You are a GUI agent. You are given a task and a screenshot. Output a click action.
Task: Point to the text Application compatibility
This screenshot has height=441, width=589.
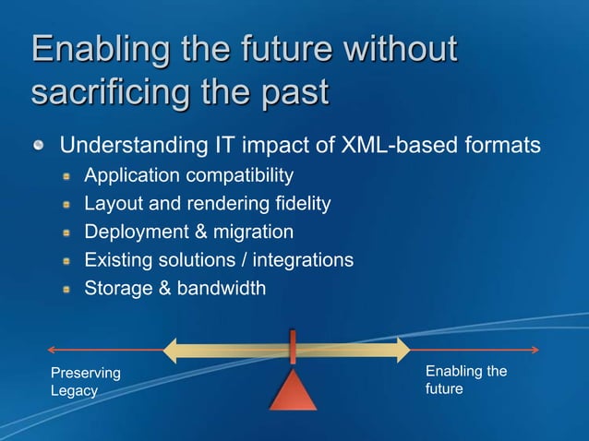tap(188, 174)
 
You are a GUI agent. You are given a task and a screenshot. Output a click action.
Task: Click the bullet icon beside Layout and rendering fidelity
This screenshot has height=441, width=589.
tap(67, 204)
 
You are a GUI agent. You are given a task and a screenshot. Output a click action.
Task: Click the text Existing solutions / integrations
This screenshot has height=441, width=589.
tap(218, 260)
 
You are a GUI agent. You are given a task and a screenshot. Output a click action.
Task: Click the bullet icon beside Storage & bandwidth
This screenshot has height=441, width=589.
tap(67, 290)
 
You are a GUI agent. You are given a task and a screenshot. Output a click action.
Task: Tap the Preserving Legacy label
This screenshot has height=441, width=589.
tap(85, 382)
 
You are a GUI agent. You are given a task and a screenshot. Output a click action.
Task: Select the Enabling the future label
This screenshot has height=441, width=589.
tap(465, 380)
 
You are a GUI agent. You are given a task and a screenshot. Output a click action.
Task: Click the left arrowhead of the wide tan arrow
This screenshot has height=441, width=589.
tap(170, 350)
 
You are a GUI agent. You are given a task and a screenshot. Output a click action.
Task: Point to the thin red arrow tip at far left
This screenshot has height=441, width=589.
tap(50, 350)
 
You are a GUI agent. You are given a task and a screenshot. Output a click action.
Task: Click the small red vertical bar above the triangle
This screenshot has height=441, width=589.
tap(293, 347)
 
